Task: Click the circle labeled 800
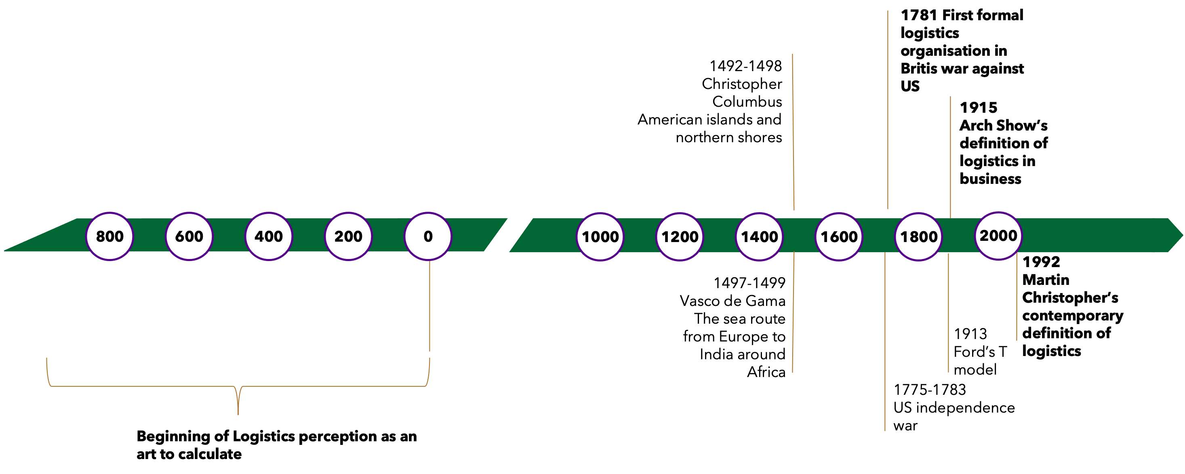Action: pyautogui.click(x=109, y=236)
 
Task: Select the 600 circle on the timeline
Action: pyautogui.click(x=189, y=236)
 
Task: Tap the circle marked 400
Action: pyautogui.click(x=269, y=236)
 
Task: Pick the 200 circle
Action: pyautogui.click(x=348, y=236)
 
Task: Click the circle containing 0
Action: pyautogui.click(x=428, y=236)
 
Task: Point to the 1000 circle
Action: pyautogui.click(x=600, y=236)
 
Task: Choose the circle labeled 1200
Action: pyautogui.click(x=680, y=236)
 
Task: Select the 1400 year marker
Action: pyautogui.click(x=759, y=236)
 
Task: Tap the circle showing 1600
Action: pyautogui.click(x=839, y=236)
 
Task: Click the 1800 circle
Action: pyautogui.click(x=918, y=236)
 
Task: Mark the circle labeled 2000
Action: pyautogui.click(x=998, y=236)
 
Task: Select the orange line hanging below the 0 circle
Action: pyautogui.click(x=429, y=306)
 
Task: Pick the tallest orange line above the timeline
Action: pyautogui.click(x=888, y=110)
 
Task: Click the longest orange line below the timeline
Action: pyautogui.click(x=885, y=341)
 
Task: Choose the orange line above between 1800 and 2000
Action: pyautogui.click(x=950, y=156)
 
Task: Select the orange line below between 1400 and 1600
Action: pyautogui.click(x=794, y=313)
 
